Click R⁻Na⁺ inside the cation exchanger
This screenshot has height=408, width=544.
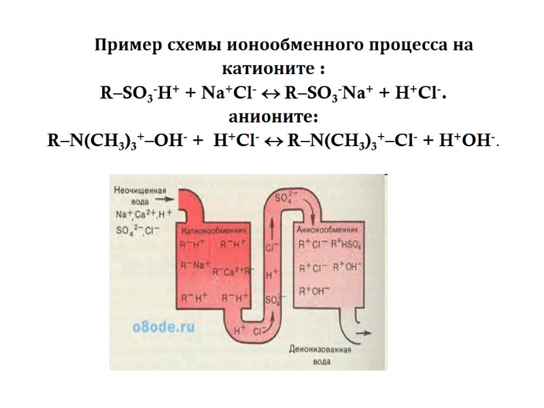pos(194,265)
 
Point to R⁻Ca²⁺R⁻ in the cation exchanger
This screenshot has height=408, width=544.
pos(232,272)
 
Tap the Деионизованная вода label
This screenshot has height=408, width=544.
pos(320,356)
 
